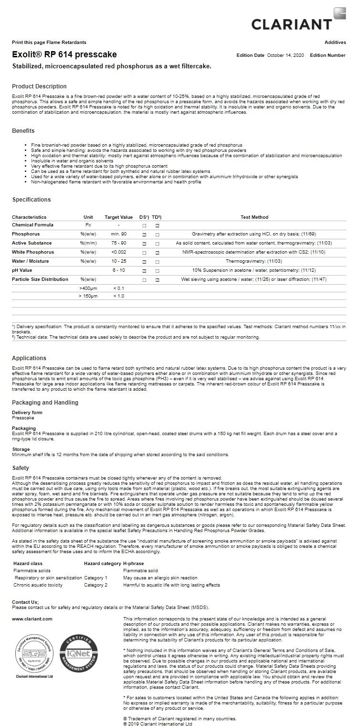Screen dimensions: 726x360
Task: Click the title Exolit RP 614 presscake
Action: pos(64,54)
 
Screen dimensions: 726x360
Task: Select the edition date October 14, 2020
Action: pos(285,55)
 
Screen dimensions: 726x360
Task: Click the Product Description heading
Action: pos(39,86)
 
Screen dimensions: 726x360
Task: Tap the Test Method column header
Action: pos(254,217)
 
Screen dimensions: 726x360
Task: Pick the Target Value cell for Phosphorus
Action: pos(118,234)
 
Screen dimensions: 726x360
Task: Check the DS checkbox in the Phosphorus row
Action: pos(144,235)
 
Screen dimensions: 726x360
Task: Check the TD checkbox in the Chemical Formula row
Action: pos(157,225)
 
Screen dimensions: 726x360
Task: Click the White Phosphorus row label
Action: pos(33,252)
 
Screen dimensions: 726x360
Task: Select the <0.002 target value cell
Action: pos(118,252)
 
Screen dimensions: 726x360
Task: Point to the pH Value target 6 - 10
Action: pos(118,270)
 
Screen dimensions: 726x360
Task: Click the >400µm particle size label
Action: pos(88,288)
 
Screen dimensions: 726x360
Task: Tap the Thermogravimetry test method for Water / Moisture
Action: pos(254,261)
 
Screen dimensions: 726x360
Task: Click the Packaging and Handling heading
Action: pos(45,403)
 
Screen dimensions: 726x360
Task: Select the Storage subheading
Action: pos(21,449)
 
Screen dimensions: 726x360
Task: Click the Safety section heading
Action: pos(21,468)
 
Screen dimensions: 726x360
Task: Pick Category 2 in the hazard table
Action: pos(95,585)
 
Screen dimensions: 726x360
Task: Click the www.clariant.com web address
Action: pos(32,619)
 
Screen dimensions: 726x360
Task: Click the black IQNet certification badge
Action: pos(78,653)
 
